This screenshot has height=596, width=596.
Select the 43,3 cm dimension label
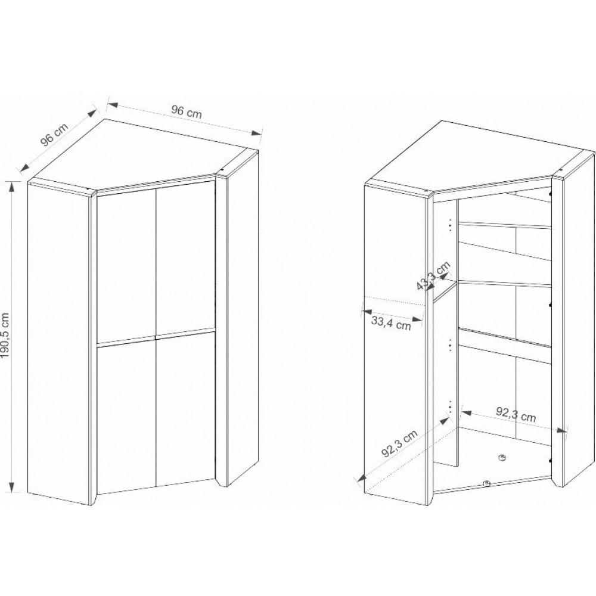(x=434, y=276)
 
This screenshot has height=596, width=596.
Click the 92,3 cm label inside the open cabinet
(x=516, y=415)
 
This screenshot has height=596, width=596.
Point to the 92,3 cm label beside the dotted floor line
(x=399, y=443)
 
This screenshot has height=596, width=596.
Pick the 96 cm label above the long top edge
(x=186, y=112)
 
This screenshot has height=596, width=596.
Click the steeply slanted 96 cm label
(x=54, y=135)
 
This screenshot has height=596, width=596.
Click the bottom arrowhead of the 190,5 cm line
(x=13, y=486)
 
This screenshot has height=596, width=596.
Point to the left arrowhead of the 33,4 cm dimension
(x=367, y=312)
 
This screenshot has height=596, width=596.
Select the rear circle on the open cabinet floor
(x=502, y=457)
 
